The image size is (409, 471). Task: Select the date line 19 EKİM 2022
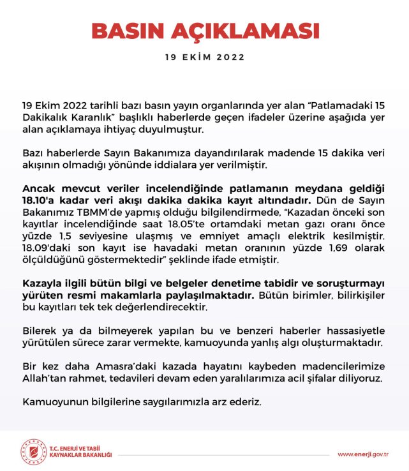(204, 57)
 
